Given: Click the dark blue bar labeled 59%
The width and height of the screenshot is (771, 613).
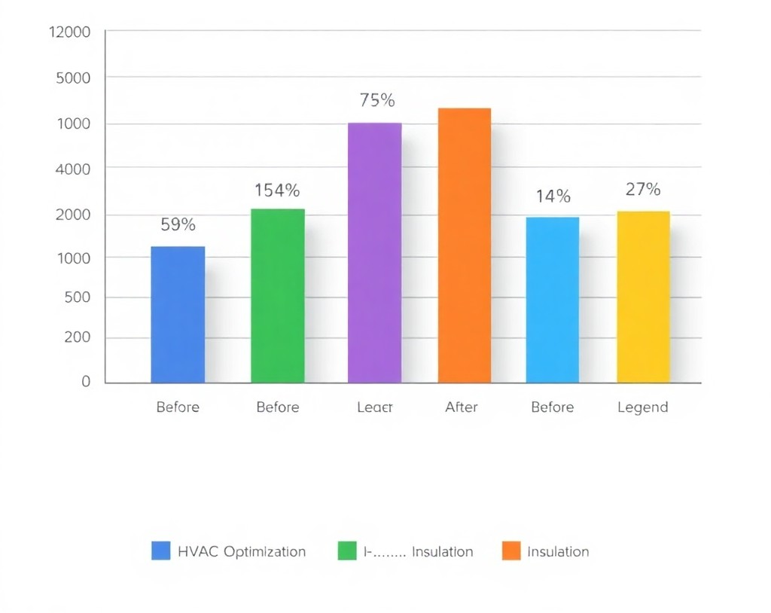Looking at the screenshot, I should (x=178, y=314).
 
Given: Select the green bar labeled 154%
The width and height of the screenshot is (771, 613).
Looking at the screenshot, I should (x=278, y=295).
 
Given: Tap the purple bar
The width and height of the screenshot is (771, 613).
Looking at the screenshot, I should (x=374, y=252).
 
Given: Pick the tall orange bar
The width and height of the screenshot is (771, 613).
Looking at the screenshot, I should (x=465, y=245).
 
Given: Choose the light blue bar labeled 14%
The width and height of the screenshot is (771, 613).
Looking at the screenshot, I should (x=553, y=300).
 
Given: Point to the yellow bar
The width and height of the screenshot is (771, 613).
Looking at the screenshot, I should (x=643, y=297).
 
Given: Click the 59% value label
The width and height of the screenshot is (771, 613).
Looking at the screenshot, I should (x=178, y=224).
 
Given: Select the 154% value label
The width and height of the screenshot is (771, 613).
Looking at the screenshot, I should (x=277, y=191).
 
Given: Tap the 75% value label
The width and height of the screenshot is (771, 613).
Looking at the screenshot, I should (x=376, y=101).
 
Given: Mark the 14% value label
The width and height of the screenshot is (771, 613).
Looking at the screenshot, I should (x=553, y=197).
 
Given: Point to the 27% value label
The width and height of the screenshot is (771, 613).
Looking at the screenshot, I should (x=643, y=189).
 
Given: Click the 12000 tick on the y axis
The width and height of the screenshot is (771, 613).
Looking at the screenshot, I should (x=69, y=32).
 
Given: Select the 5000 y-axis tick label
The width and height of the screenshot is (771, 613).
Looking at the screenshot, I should (x=73, y=78).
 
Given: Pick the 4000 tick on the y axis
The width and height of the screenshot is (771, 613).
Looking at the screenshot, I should (x=73, y=169).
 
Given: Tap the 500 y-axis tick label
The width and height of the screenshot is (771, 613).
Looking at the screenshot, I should (x=78, y=297).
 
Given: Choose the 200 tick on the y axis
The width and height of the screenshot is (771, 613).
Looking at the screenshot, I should (x=78, y=337).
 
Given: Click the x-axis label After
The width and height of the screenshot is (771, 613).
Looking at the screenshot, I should (x=462, y=407).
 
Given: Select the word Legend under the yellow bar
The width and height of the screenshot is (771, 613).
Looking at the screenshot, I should (x=642, y=407).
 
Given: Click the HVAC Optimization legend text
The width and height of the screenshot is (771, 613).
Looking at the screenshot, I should (x=242, y=551).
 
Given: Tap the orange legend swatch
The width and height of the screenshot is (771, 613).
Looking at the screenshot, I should (x=511, y=551).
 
